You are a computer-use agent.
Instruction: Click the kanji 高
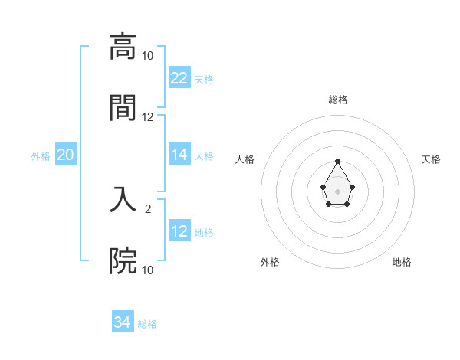pos(123,47)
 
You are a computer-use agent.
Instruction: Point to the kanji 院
pos(123,261)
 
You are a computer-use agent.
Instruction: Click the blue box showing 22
pos(179,77)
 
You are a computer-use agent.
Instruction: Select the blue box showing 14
pos(179,155)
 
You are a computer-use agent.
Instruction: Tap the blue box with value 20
pos(66,155)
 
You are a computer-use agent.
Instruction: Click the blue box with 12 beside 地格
pos(179,231)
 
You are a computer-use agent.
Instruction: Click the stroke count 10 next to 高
pos(147,56)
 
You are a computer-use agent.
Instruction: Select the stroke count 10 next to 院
pos(147,270)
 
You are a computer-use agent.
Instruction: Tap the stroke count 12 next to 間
pos(147,117)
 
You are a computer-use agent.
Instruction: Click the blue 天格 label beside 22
pos(204,79)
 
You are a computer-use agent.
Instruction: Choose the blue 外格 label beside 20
pos(41,156)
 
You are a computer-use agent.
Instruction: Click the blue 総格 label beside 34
pos(147,324)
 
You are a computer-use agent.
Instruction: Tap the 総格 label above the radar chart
pos(338,100)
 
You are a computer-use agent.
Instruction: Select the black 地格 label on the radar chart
pos(402,262)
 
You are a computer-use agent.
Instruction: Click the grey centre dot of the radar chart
pos(337,191)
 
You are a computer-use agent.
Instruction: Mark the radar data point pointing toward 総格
pos(337,161)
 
